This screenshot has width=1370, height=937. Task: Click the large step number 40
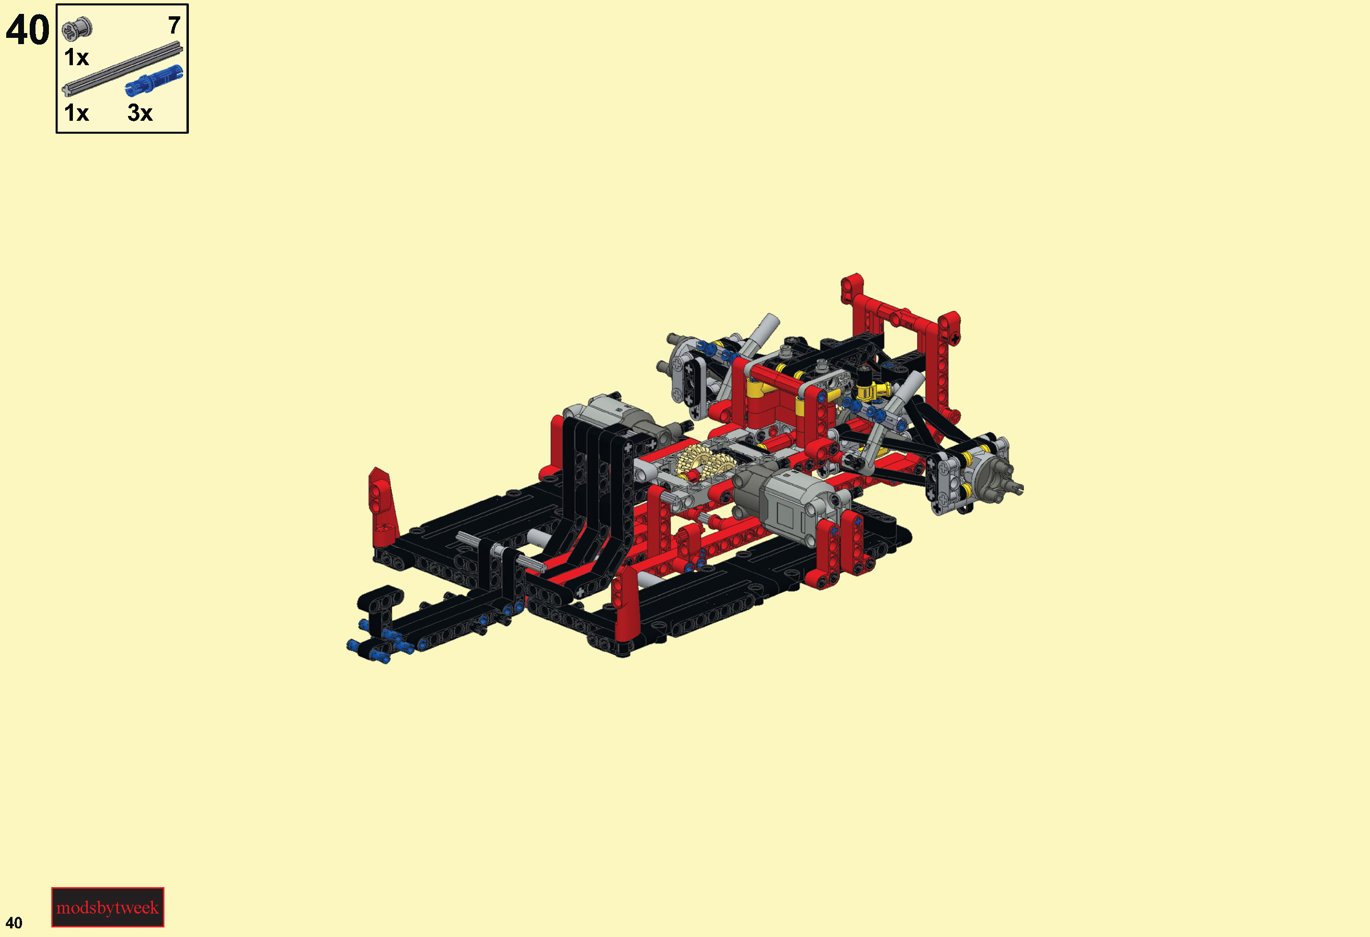27,30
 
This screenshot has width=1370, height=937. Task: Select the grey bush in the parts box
77,28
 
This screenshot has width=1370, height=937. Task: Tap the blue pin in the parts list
154,81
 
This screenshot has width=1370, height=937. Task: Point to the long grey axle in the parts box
122,69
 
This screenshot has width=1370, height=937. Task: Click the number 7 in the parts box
174,25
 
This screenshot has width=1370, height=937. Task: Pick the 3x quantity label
139,113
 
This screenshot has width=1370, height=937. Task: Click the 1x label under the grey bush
76,57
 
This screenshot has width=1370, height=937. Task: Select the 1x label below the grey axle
76,113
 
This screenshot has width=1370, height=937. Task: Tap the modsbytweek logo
108,907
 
